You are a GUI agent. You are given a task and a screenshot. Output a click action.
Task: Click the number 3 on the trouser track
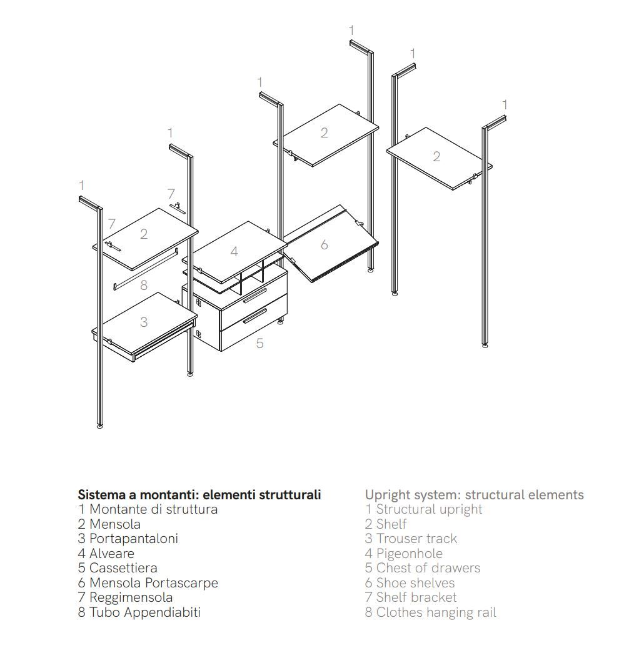tap(143, 322)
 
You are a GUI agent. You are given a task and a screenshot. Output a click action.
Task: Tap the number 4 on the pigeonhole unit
tap(234, 251)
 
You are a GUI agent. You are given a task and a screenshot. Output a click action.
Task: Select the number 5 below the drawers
tap(259, 343)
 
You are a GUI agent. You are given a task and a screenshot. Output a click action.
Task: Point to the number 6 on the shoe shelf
tap(324, 245)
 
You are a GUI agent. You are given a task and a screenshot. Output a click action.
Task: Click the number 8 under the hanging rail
tap(143, 285)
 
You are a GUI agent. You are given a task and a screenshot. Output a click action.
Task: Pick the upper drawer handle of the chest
tap(255, 296)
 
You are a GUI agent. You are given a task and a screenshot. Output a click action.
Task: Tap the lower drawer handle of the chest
tap(255, 316)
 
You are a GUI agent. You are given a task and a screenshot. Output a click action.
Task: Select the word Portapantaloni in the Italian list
tap(134, 539)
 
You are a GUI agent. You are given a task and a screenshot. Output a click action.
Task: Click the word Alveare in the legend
tap(112, 554)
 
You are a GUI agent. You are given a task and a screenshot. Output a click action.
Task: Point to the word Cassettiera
tap(123, 568)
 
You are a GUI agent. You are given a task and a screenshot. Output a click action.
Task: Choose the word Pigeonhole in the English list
tap(410, 554)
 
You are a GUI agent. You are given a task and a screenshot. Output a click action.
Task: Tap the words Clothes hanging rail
tap(436, 612)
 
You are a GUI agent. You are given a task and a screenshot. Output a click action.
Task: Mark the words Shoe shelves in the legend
tap(416, 583)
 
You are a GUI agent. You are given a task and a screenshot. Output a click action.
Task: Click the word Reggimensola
tap(131, 597)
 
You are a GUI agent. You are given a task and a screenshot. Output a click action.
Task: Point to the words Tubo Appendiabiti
tap(144, 612)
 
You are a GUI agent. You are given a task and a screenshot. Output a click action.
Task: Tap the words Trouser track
tap(417, 539)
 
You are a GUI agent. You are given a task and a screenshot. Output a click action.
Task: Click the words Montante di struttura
tap(153, 509)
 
